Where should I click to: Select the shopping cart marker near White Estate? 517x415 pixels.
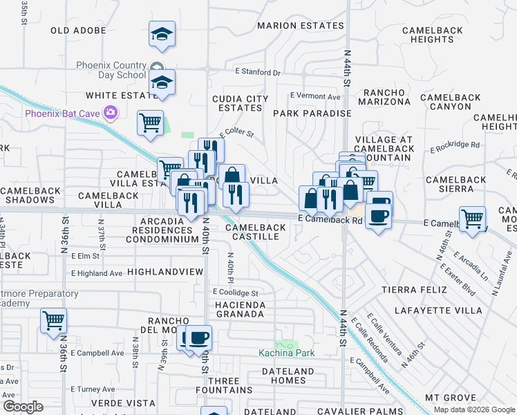[150, 124]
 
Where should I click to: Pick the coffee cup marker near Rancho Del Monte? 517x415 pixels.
[199, 338]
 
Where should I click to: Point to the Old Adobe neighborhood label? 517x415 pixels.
[79, 30]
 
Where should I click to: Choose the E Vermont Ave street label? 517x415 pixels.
[316, 96]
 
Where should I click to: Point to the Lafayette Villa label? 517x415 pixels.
[438, 311]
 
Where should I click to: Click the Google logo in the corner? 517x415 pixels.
[23, 407]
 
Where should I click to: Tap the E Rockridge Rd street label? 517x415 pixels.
[454, 145]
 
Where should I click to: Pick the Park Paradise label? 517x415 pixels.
[312, 113]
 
